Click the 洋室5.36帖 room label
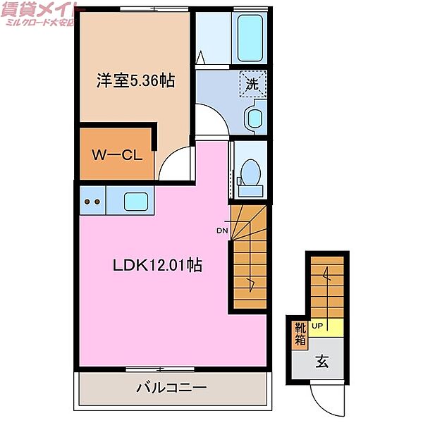click(135, 81)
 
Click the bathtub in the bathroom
click(250, 37)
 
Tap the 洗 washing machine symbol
click(252, 84)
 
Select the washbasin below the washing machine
click(255, 117)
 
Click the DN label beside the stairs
click(221, 231)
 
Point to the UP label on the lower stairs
click(317, 326)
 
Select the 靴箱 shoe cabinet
click(300, 333)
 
